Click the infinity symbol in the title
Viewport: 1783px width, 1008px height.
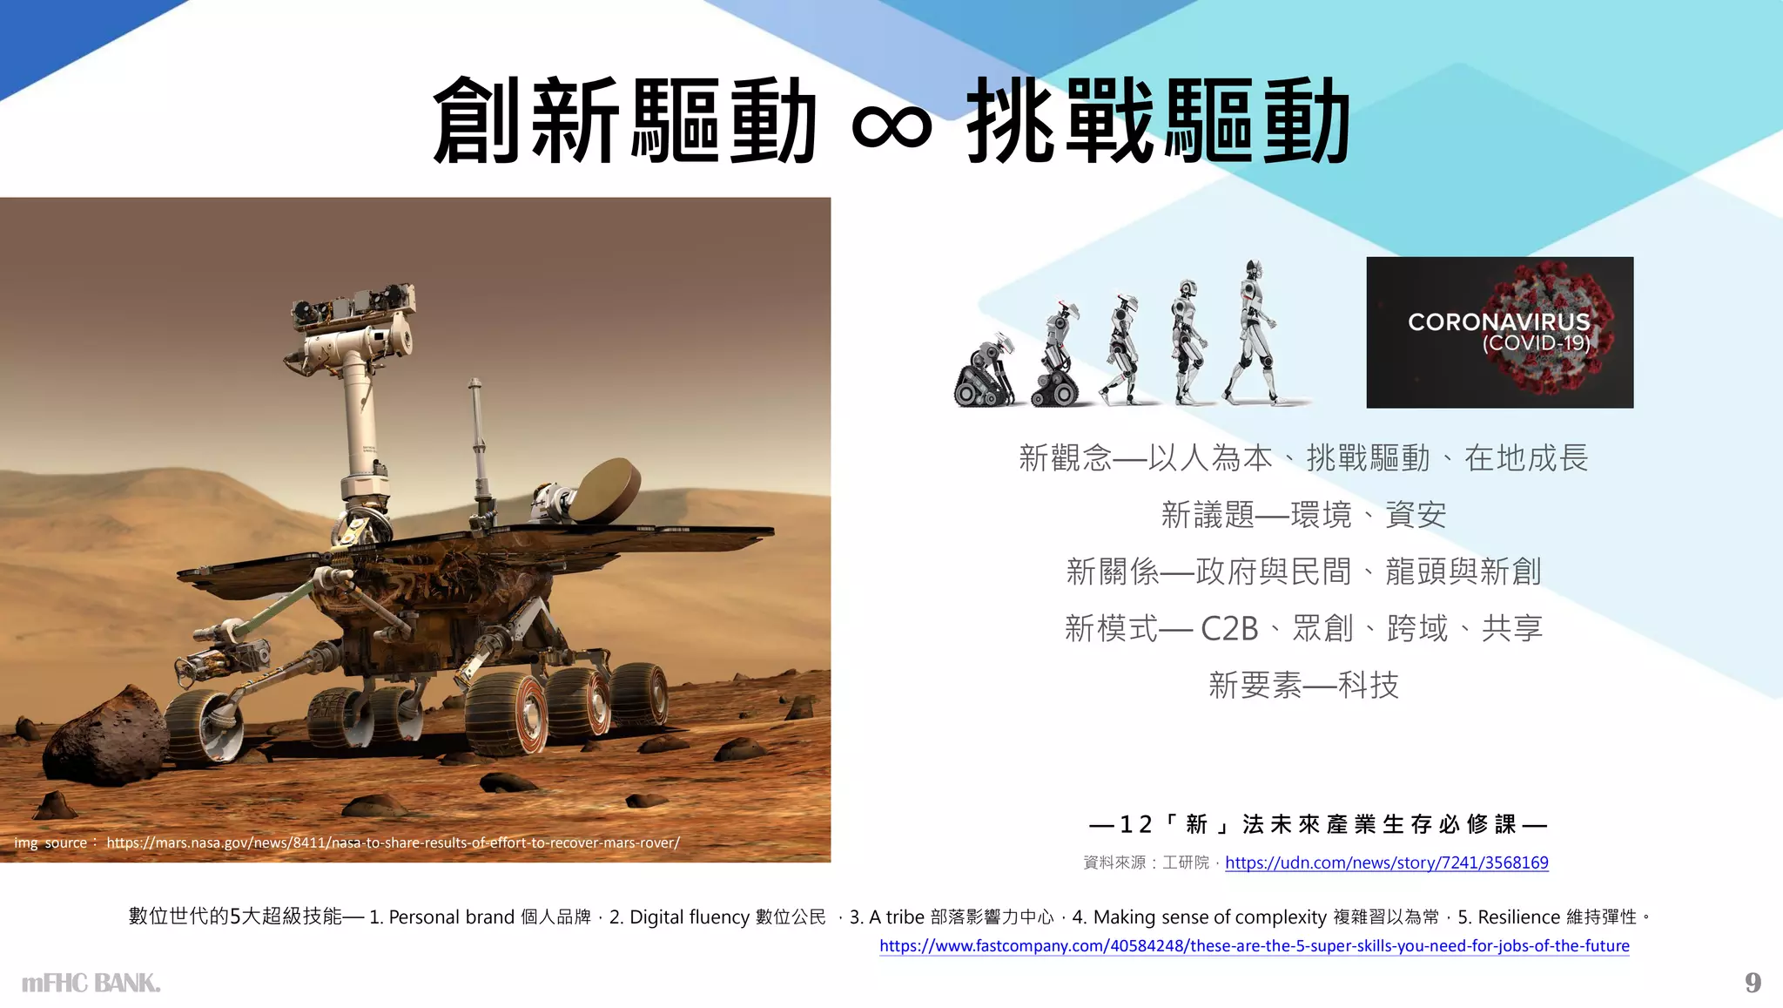tap(891, 125)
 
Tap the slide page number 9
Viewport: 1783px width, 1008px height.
tap(1753, 983)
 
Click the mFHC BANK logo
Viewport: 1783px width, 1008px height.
tap(91, 984)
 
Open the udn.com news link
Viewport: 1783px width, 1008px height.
tap(1386, 863)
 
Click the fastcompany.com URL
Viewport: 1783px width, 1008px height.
tap(1254, 945)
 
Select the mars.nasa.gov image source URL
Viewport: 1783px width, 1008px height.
tap(393, 842)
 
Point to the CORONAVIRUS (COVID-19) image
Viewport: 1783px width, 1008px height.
tap(1499, 332)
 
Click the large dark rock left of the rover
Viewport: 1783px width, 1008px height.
tap(104, 732)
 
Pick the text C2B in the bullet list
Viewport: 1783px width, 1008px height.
tap(1229, 628)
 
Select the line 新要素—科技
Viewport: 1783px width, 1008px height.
tap(1303, 686)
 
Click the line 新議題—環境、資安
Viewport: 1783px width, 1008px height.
tap(1303, 515)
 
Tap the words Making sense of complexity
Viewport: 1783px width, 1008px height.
tap(1209, 917)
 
